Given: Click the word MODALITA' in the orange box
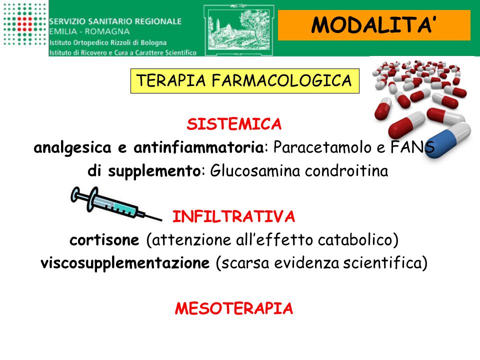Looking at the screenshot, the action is pyautogui.click(x=373, y=24).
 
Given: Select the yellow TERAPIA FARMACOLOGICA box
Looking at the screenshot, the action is pyautogui.click(x=244, y=81).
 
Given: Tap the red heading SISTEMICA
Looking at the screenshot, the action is pyautogui.click(x=234, y=124).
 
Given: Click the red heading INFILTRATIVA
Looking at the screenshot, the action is pyautogui.click(x=233, y=216).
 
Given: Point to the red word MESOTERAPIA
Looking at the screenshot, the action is pyautogui.click(x=234, y=308).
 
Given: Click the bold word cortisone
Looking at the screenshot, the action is pyautogui.click(x=104, y=240).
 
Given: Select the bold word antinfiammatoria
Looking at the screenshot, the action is pyautogui.click(x=198, y=147).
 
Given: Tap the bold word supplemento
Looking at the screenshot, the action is pyautogui.click(x=154, y=171).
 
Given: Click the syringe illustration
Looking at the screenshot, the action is pyautogui.click(x=115, y=204).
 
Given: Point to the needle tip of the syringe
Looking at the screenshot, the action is pyautogui.click(x=161, y=220).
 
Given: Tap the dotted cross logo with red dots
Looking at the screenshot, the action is pyautogui.click(x=24, y=24).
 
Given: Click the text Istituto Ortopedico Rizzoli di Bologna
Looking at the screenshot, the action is pyautogui.click(x=108, y=42).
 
